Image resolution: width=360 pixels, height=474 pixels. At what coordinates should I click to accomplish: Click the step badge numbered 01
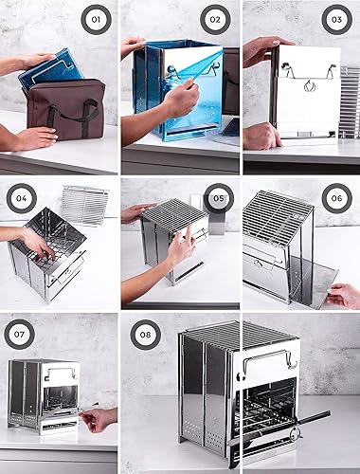point(95,19)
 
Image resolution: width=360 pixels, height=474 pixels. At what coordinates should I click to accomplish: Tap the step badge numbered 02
point(215,19)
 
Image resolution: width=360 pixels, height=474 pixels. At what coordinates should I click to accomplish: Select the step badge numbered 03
point(335,19)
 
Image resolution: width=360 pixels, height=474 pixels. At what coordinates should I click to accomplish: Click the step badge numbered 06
point(335,201)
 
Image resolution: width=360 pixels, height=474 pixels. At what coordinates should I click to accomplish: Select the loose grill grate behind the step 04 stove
point(85,200)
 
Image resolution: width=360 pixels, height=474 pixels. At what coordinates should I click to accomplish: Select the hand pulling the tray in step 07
point(99,417)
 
